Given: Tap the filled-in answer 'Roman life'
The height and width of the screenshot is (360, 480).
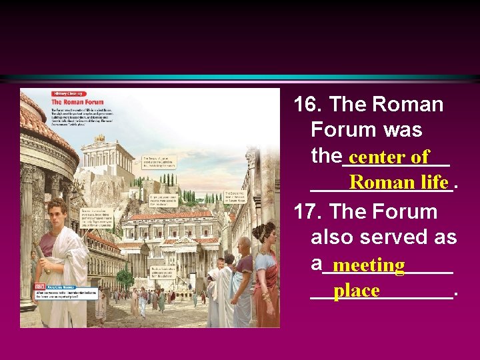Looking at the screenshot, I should click(x=398, y=182).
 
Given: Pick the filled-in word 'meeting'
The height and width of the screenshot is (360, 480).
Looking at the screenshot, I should click(x=369, y=265).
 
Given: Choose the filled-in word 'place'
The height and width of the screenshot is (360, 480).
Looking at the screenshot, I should click(x=357, y=291).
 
